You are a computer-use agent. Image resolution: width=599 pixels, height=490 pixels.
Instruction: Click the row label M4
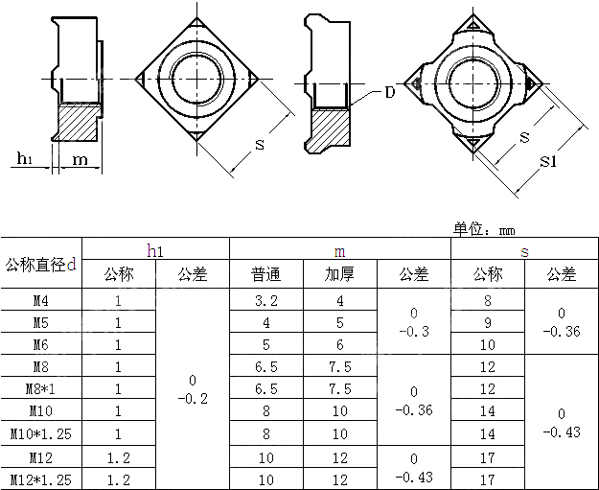tap(40, 300)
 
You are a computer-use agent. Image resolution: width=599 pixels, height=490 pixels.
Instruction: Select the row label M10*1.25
tap(40, 432)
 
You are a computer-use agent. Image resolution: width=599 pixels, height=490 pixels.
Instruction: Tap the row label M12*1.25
tap(40, 478)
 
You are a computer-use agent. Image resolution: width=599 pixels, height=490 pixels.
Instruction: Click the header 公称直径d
tap(40, 264)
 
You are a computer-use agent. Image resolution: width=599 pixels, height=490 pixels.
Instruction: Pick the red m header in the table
tap(339, 251)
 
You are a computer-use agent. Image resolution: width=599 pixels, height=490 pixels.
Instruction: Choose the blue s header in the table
tap(523, 251)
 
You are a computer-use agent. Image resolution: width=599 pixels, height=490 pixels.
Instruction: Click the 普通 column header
tap(266, 274)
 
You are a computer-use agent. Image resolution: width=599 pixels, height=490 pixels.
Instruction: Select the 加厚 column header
tap(339, 274)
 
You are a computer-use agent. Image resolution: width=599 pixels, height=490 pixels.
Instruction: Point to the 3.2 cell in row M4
tap(266, 300)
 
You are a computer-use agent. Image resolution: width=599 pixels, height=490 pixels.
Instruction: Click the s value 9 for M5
tap(488, 322)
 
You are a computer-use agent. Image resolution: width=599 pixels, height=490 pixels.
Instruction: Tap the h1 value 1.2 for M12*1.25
tap(118, 478)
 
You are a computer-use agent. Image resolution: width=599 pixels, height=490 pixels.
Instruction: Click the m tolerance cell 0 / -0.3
tap(413, 322)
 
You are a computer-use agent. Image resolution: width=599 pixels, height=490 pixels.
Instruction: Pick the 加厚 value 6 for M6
tap(339, 344)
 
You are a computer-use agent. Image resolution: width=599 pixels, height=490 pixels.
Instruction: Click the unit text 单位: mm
tap(484, 230)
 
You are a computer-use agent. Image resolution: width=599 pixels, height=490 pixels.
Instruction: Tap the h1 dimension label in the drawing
tap(25, 159)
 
